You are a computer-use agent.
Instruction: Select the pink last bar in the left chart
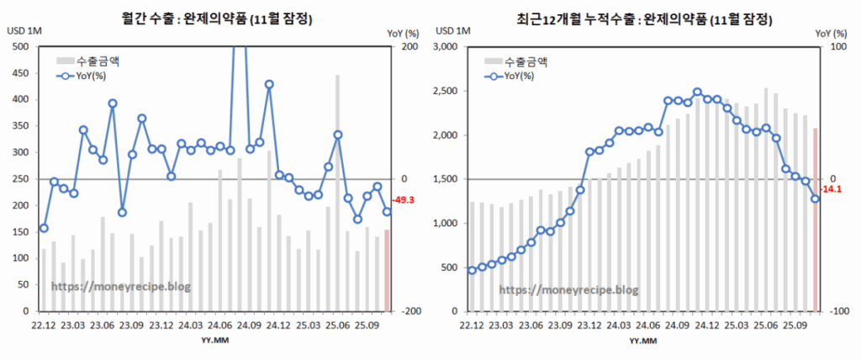387,270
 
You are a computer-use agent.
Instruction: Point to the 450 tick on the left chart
19,73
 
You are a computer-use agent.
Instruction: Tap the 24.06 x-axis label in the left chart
219,325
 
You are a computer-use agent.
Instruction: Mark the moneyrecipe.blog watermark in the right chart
568,290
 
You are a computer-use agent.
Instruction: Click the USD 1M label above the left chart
24,31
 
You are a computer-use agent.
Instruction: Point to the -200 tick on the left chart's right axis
411,311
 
